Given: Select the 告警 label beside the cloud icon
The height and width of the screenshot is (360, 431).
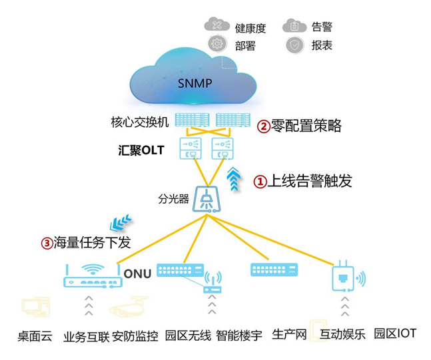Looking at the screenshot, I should click(x=321, y=27).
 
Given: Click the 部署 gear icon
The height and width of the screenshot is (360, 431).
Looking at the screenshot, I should click(x=216, y=45).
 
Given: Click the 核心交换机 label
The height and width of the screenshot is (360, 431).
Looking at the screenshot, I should click(x=140, y=122).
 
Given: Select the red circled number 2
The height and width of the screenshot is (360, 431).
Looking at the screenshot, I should click(x=264, y=125).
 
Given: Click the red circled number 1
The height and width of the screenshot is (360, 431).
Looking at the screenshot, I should click(x=260, y=181).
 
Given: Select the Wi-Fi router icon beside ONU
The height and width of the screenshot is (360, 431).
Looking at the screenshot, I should click(x=92, y=276).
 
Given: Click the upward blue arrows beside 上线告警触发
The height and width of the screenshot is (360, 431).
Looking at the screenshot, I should click(x=234, y=180).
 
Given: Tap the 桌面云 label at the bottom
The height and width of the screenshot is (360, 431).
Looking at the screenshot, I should click(x=35, y=335).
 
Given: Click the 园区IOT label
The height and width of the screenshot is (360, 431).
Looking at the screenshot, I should click(x=395, y=333).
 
